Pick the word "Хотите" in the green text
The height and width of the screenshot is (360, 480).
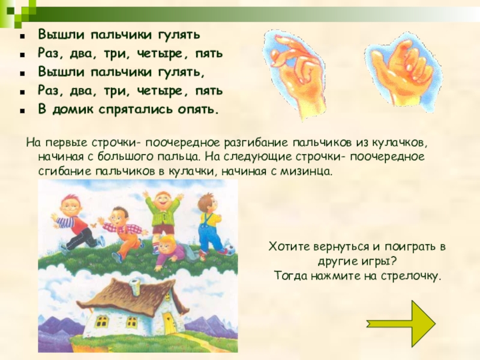click(x=289, y=247)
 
